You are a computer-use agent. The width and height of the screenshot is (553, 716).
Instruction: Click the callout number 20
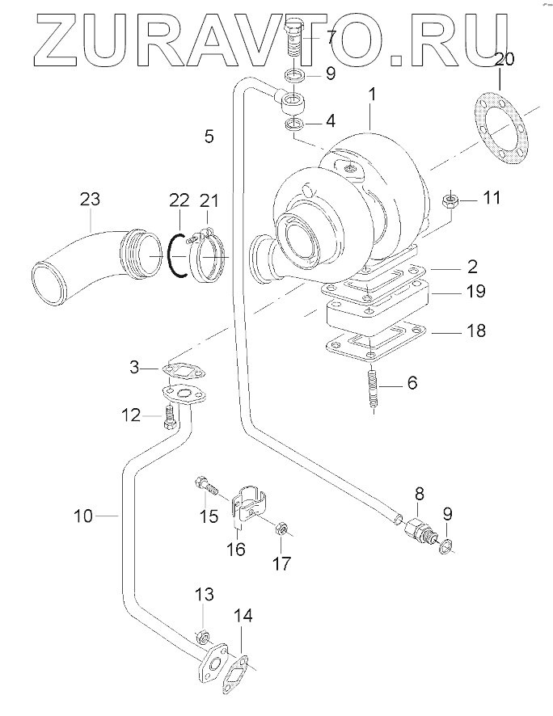click(x=500, y=60)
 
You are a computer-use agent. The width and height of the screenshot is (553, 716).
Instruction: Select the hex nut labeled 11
click(x=450, y=200)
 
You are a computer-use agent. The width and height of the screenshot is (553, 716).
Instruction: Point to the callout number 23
click(x=90, y=200)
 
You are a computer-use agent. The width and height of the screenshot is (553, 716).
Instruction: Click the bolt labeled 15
click(x=206, y=486)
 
